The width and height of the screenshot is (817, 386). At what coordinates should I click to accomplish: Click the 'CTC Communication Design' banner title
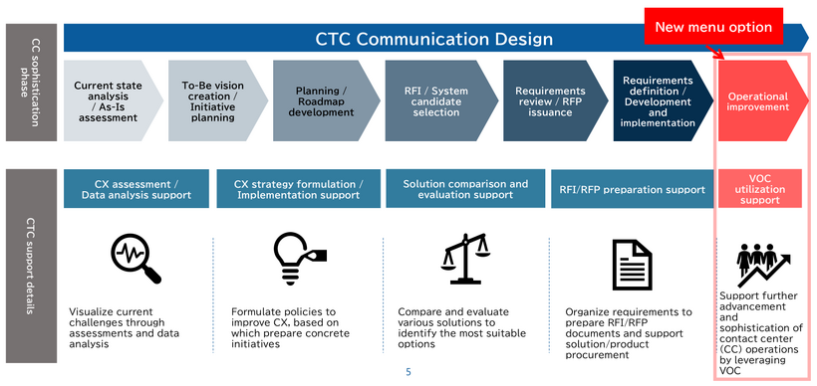click(x=433, y=40)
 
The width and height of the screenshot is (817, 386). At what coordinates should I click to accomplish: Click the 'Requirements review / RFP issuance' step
click(x=549, y=100)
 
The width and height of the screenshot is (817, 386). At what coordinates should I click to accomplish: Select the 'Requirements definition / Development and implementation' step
click(x=659, y=100)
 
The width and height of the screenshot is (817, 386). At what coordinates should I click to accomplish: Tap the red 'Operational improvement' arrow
click(x=758, y=100)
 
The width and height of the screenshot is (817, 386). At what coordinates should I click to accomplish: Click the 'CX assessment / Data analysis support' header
click(x=136, y=189)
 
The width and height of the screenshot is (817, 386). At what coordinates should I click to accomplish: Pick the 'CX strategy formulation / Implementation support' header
click(x=298, y=189)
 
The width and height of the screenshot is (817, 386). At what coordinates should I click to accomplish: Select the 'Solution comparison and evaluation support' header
click(x=465, y=189)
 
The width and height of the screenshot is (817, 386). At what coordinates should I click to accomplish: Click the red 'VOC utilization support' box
click(x=758, y=189)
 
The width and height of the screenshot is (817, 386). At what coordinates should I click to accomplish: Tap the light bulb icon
click(x=297, y=257)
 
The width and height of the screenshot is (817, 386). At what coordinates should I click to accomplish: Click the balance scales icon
click(x=465, y=257)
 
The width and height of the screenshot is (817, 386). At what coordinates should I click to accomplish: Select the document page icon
click(x=630, y=261)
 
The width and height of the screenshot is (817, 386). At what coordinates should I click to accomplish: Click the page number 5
click(x=408, y=372)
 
